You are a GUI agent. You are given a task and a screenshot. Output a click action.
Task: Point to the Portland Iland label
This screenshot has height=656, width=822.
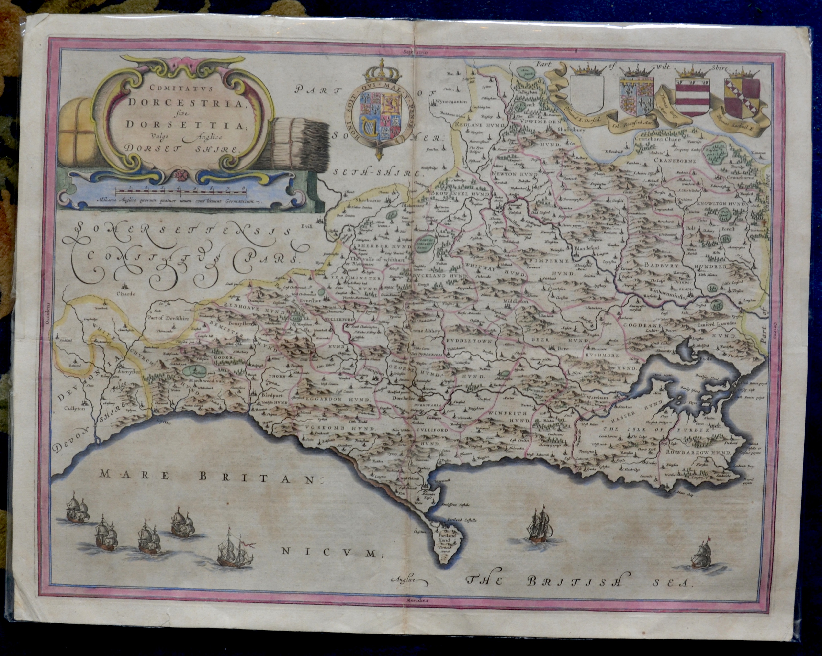click(446, 538)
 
